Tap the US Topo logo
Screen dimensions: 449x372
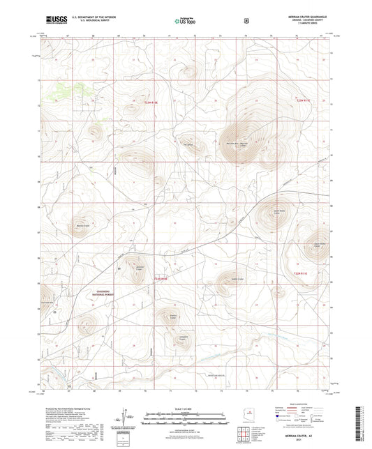(185, 21)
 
